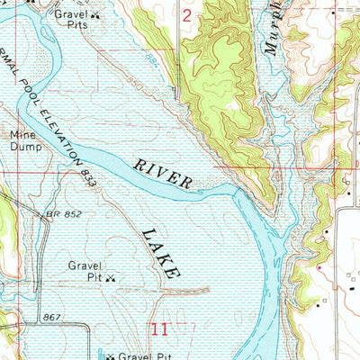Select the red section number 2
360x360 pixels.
coord(186,15)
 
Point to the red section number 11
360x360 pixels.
coord(161,330)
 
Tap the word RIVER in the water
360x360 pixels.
coord(164,174)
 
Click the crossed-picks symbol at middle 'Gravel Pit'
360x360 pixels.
coord(111,278)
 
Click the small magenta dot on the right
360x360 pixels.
coord(318,267)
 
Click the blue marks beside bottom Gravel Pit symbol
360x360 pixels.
coord(100,354)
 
